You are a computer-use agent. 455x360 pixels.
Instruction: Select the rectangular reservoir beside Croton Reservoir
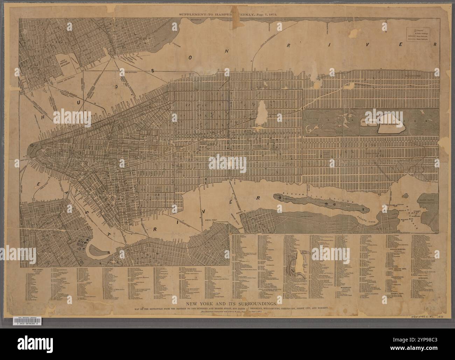[x=371, y=121]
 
